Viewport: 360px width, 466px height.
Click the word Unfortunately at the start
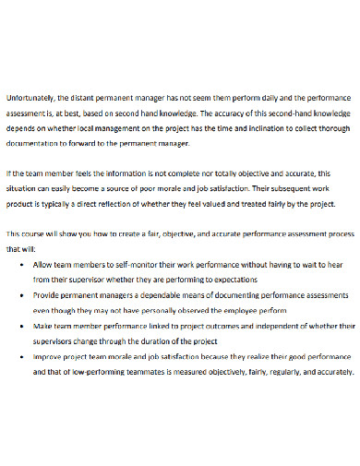(x=29, y=95)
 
